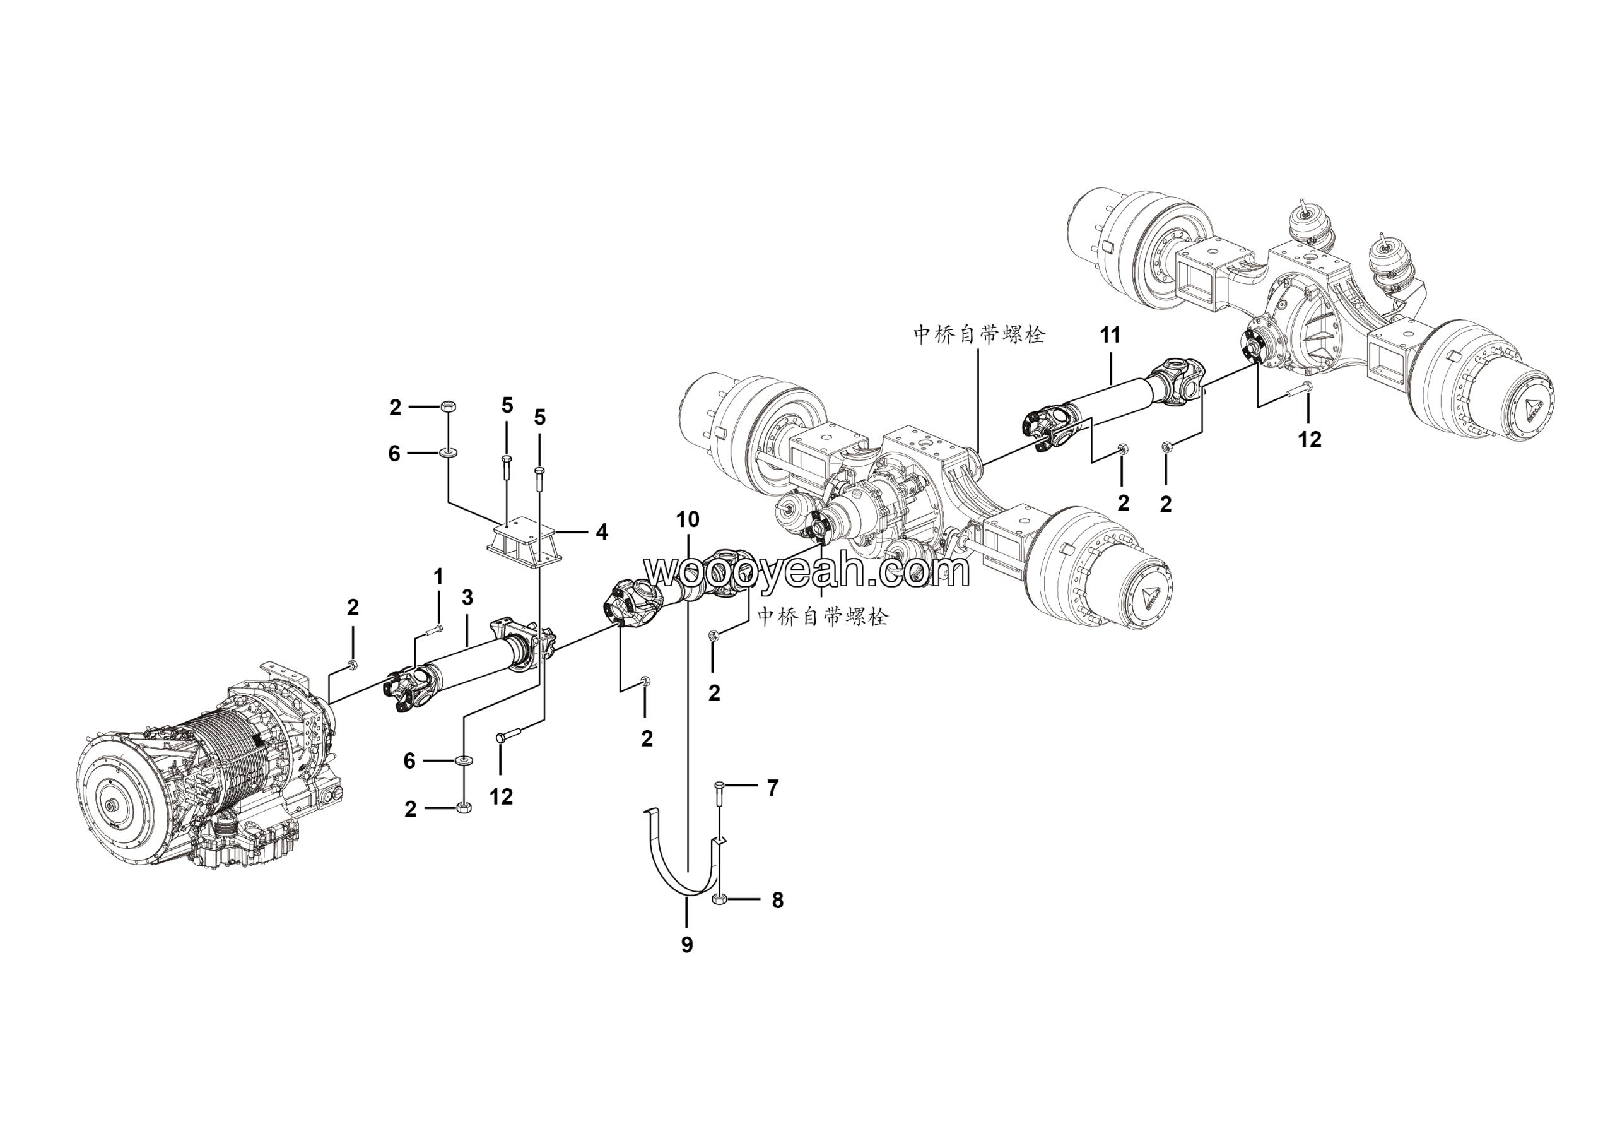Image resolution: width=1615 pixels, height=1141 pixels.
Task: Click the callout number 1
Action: (438, 577)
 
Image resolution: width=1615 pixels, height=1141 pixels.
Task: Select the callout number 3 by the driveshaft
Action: (467, 598)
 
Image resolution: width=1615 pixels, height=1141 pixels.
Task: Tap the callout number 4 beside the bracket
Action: (601, 532)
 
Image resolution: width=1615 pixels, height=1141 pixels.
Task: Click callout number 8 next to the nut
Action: (777, 901)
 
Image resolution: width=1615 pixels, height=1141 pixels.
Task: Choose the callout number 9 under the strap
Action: (686, 945)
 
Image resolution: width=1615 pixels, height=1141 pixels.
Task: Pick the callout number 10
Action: (687, 520)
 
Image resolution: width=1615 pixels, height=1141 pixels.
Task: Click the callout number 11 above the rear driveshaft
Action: (1110, 335)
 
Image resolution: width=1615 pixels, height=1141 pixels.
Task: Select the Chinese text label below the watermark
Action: (822, 617)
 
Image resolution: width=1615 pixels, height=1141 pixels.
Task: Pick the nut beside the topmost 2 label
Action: (447, 406)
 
